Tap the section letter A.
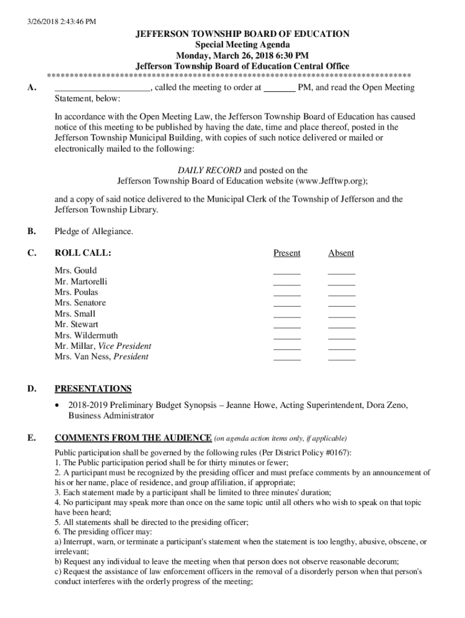point(31,88)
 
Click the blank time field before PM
point(280,88)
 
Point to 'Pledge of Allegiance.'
point(94,231)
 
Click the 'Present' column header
point(286,253)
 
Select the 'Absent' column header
point(341,253)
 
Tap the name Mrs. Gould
point(75,270)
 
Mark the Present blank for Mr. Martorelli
point(286,282)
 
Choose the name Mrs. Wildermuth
point(86,335)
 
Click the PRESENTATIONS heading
point(93,389)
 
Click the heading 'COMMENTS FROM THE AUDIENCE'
point(133,438)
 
